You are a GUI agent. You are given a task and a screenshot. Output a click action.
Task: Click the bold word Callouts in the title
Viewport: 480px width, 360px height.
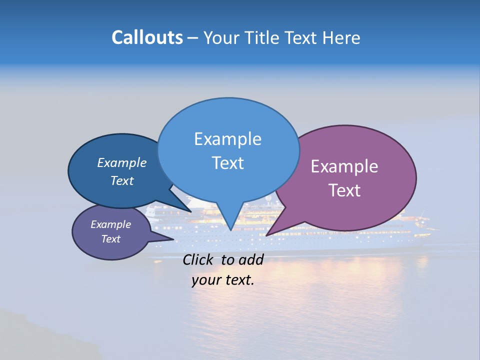[x=147, y=37]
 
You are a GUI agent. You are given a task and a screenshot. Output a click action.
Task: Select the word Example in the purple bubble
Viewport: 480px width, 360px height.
[x=344, y=166]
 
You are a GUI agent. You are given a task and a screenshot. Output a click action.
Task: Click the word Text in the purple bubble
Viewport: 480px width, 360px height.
[x=344, y=190]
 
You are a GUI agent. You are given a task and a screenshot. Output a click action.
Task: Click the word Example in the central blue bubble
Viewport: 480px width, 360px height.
[x=227, y=139]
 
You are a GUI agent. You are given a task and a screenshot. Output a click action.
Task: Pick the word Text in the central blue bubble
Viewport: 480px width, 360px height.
[x=227, y=163]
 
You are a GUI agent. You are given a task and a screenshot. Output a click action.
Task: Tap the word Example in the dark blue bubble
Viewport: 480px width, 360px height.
[x=121, y=162]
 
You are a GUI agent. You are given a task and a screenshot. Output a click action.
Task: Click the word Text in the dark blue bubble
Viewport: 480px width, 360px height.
[x=121, y=180]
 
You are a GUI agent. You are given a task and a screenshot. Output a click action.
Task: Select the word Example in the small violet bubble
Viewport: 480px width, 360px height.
[x=110, y=224]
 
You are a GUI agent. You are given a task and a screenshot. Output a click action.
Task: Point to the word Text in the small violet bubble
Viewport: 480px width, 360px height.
[x=110, y=239]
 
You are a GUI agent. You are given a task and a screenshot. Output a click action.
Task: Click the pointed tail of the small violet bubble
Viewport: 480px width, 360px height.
[x=172, y=239]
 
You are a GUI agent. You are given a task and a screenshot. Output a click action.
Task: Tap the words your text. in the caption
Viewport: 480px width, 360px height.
[x=222, y=280]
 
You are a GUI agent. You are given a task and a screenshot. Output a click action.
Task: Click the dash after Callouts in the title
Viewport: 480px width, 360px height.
[x=193, y=38]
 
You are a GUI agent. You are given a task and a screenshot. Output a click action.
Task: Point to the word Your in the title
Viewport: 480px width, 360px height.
[x=220, y=37]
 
